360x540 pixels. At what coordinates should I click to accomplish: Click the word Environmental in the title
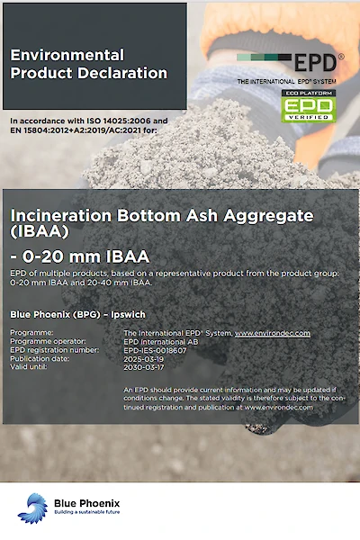[67, 55]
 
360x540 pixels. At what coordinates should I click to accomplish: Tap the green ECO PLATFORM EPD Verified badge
[309, 105]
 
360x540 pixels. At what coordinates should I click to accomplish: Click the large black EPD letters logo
[315, 62]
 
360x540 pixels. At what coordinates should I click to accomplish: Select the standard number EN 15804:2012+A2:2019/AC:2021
[78, 130]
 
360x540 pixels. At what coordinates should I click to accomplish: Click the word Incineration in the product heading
[61, 216]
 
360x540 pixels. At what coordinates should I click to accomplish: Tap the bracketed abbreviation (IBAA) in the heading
[40, 232]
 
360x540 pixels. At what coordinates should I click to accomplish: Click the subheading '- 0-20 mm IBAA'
[80, 256]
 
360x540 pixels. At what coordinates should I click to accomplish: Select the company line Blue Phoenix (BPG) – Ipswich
[78, 314]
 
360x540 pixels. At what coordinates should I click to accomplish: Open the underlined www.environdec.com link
[273, 333]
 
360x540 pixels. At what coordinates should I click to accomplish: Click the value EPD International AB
[161, 342]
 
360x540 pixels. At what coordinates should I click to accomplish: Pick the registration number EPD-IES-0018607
[155, 351]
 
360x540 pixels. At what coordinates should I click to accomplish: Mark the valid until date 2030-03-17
[144, 367]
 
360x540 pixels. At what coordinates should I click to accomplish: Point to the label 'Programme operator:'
[48, 341]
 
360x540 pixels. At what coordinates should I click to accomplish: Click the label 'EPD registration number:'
[54, 350]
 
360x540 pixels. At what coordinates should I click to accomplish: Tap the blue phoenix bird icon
[32, 508]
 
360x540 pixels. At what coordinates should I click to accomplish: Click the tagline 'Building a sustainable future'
[86, 512]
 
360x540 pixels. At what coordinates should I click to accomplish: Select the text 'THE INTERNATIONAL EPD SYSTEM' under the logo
[286, 82]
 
